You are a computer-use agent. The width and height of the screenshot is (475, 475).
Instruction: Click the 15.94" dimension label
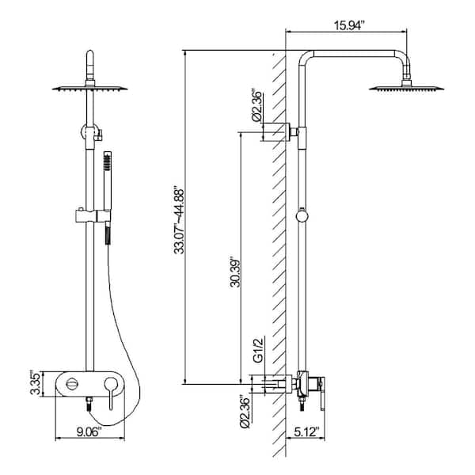coord(348,25)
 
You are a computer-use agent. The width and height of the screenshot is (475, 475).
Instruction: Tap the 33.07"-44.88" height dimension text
coord(179,221)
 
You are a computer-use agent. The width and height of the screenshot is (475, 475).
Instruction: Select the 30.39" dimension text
coord(235,272)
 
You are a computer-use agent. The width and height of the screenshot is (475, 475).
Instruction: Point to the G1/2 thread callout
coord(257,351)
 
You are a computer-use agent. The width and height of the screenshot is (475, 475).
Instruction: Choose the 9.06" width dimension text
coord(88,431)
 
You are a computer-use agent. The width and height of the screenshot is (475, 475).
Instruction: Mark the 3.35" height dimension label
coord(35,383)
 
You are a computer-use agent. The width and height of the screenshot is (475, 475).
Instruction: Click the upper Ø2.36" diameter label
coord(256,105)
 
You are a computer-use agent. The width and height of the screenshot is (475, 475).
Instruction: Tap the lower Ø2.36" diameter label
coord(245,412)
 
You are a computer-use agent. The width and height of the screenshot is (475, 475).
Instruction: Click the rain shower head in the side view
coord(406,86)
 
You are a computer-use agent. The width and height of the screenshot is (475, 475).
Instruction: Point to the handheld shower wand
coord(107,197)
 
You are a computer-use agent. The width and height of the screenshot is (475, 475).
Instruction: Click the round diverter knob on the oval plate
coord(72,384)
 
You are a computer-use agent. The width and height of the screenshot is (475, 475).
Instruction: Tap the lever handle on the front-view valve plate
coord(110,393)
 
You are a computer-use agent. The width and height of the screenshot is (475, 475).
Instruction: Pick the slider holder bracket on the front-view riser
coord(93,215)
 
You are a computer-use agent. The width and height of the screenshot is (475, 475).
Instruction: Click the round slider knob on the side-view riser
coord(302,216)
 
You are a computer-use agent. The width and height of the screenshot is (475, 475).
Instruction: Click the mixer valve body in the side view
coord(309,386)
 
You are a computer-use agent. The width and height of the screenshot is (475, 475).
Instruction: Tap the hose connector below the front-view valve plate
coord(89,404)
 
